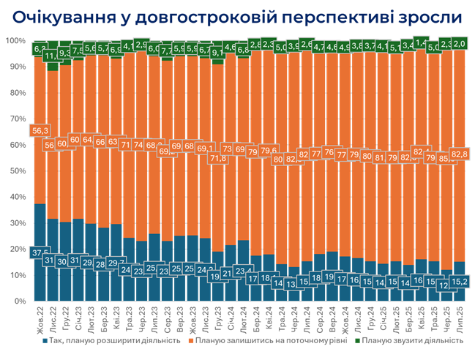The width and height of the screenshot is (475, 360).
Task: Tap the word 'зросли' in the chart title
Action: [x=427, y=16]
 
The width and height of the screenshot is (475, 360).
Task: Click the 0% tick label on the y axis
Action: [x=19, y=301]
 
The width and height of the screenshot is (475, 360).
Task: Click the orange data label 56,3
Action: [x=40, y=130]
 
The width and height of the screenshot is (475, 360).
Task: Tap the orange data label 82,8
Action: [x=460, y=154]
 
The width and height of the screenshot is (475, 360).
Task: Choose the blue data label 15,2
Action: [x=460, y=281]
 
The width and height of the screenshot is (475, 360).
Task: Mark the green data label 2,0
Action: [x=460, y=44]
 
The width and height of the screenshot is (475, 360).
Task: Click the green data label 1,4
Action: [x=421, y=42]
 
